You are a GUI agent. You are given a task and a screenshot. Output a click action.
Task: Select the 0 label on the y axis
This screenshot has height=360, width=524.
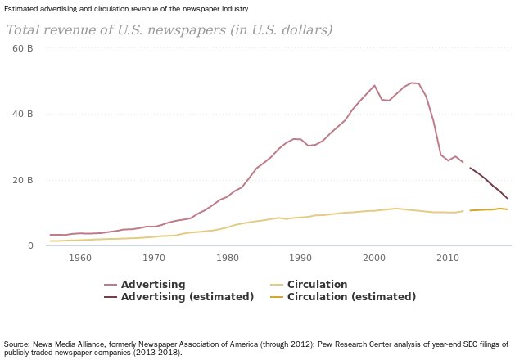(x=28, y=245)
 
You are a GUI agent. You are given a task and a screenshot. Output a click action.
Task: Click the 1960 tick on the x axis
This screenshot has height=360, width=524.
(x=80, y=259)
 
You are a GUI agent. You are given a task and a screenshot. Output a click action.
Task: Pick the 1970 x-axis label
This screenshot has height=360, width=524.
(x=154, y=259)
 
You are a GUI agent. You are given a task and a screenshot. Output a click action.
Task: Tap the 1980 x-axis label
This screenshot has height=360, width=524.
(x=228, y=259)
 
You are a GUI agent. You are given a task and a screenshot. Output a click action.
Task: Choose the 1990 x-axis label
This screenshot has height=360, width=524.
(x=301, y=259)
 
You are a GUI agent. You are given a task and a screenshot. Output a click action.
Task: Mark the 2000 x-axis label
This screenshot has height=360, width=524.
(x=374, y=259)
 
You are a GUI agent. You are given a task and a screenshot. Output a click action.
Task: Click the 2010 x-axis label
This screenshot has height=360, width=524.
(x=448, y=259)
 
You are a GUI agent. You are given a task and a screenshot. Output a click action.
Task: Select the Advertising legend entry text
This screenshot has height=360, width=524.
(x=153, y=285)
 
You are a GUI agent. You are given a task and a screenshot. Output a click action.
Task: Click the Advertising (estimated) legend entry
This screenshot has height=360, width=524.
(x=187, y=296)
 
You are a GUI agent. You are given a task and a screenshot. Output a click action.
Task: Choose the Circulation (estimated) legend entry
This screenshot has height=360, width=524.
(x=350, y=296)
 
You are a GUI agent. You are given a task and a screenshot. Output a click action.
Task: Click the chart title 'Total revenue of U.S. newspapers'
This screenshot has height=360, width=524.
(x=169, y=30)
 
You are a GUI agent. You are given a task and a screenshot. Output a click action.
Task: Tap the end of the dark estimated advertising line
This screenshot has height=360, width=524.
(x=508, y=198)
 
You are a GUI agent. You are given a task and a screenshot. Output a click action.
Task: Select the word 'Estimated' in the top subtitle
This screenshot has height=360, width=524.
(x=23, y=8)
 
